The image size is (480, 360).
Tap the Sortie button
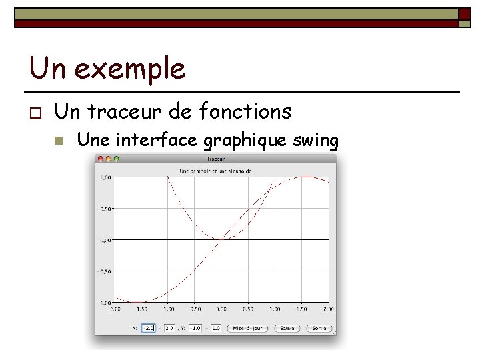319,328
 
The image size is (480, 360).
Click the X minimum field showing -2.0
148,328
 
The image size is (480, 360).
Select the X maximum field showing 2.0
169,328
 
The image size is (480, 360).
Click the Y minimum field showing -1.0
195,328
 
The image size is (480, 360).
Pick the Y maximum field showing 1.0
216,328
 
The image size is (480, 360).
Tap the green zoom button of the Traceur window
117,159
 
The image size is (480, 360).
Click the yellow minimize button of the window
109,159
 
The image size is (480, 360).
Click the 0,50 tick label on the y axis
106,209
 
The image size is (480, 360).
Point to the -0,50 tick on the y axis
105,271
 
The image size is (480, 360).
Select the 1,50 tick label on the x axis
302,309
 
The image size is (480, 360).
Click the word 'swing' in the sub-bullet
317,141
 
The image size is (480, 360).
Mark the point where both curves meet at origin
222,239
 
